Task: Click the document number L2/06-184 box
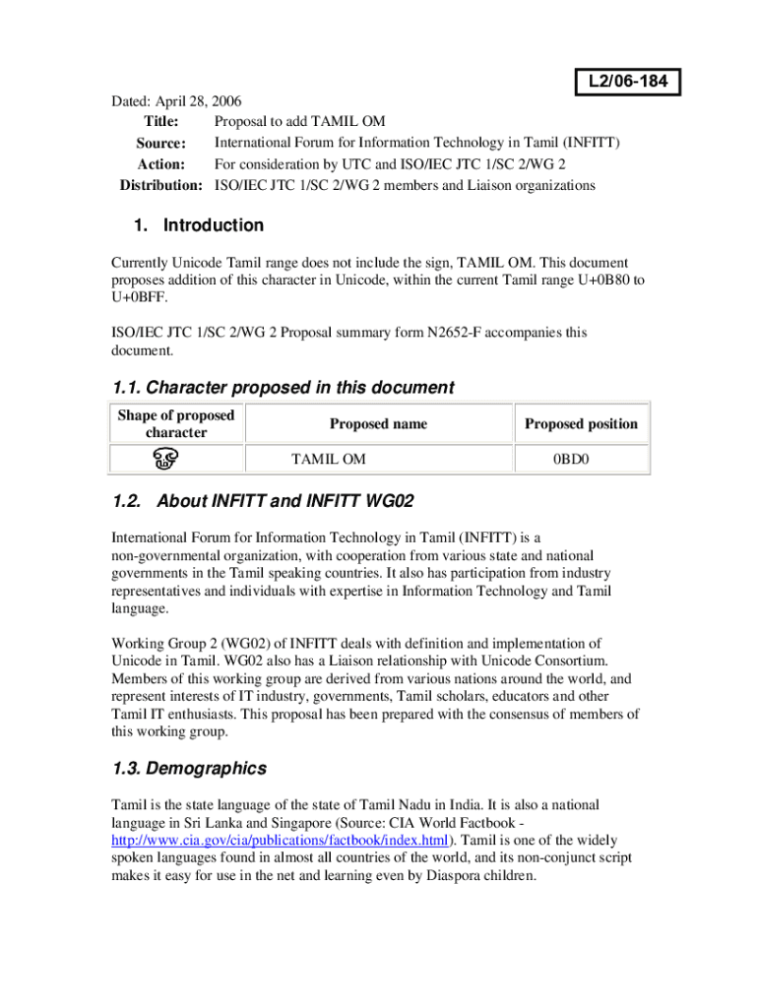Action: (x=628, y=83)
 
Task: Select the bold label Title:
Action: (x=161, y=122)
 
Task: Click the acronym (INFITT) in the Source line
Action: (x=586, y=144)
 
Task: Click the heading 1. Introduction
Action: (x=199, y=225)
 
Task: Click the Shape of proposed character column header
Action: (x=176, y=423)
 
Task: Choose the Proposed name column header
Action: (x=378, y=424)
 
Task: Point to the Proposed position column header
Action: (x=581, y=424)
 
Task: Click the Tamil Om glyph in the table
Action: (x=163, y=459)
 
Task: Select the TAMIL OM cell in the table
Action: (x=329, y=459)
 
